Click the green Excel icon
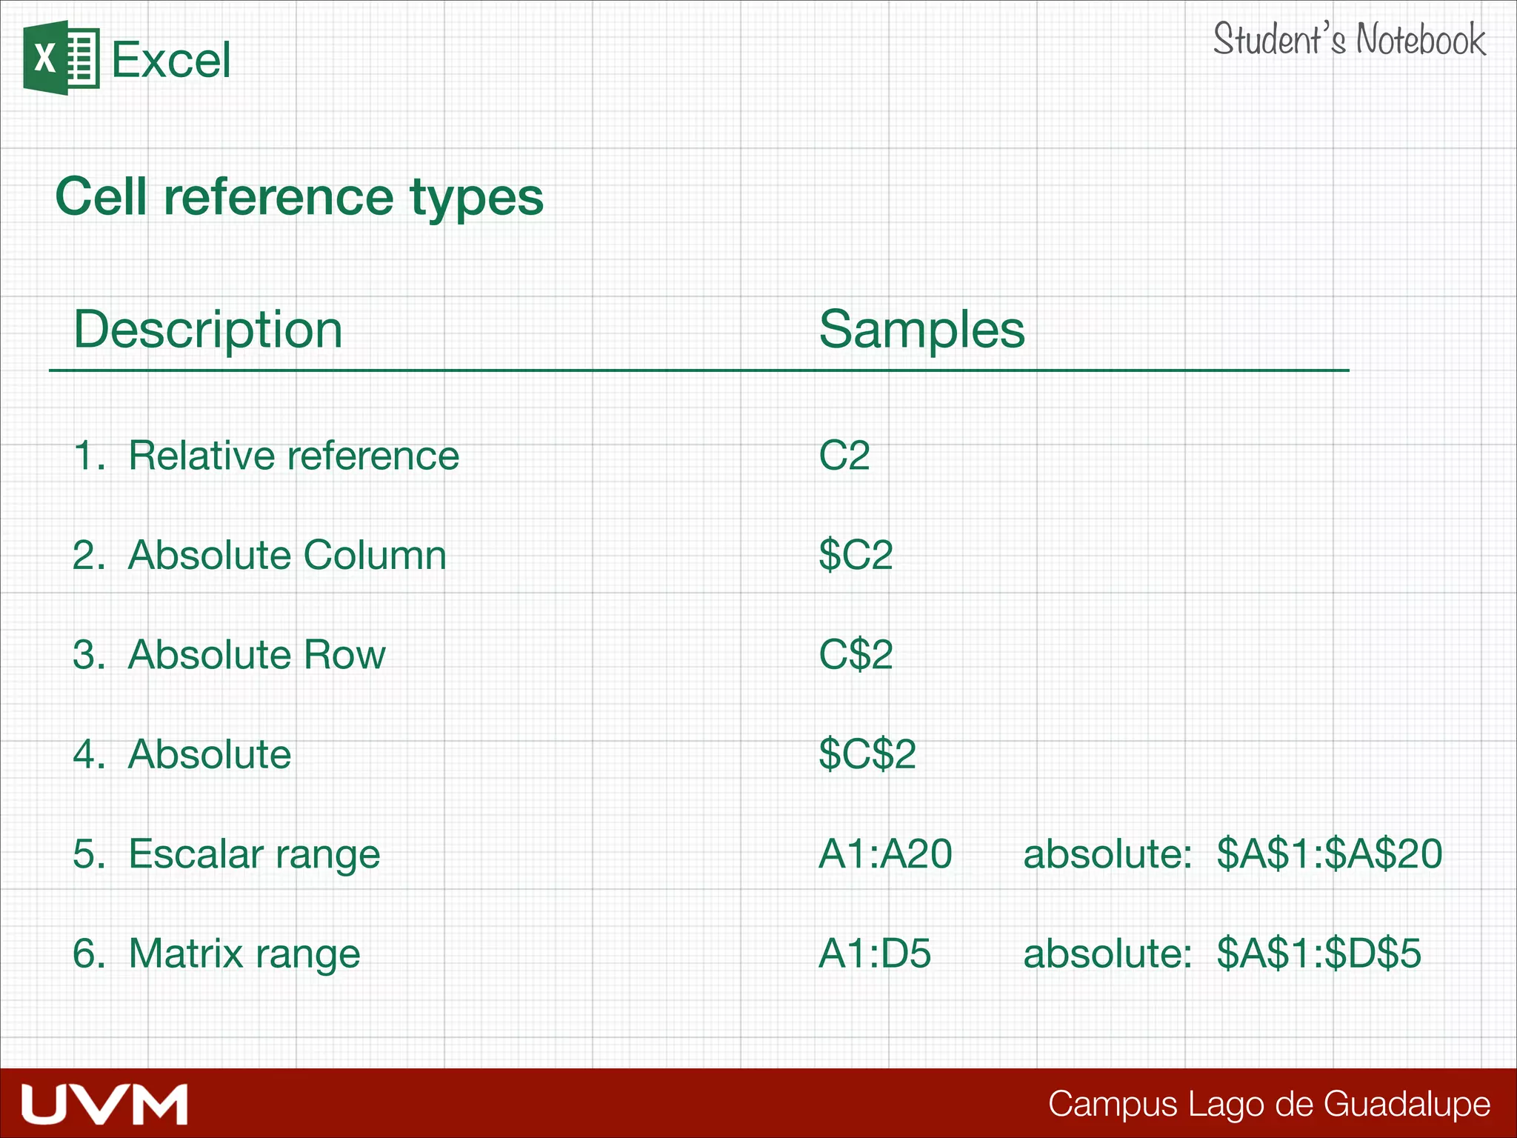coord(61,59)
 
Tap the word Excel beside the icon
coord(170,60)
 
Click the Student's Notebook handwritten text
coord(1349,40)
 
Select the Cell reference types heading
coord(299,197)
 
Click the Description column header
coord(207,329)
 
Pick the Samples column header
coord(921,329)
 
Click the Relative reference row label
coord(293,455)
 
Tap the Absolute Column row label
coord(287,555)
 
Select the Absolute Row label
coord(256,655)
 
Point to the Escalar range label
coord(253,853)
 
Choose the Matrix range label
coord(244,954)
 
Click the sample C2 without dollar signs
coord(844,455)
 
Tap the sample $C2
coord(856,555)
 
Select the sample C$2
coord(856,655)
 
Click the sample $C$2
coord(867,754)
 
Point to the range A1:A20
coord(885,853)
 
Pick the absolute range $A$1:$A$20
coord(1329,853)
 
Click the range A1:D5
coord(874,954)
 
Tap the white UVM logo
coord(104,1104)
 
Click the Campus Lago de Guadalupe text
coord(1269,1104)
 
